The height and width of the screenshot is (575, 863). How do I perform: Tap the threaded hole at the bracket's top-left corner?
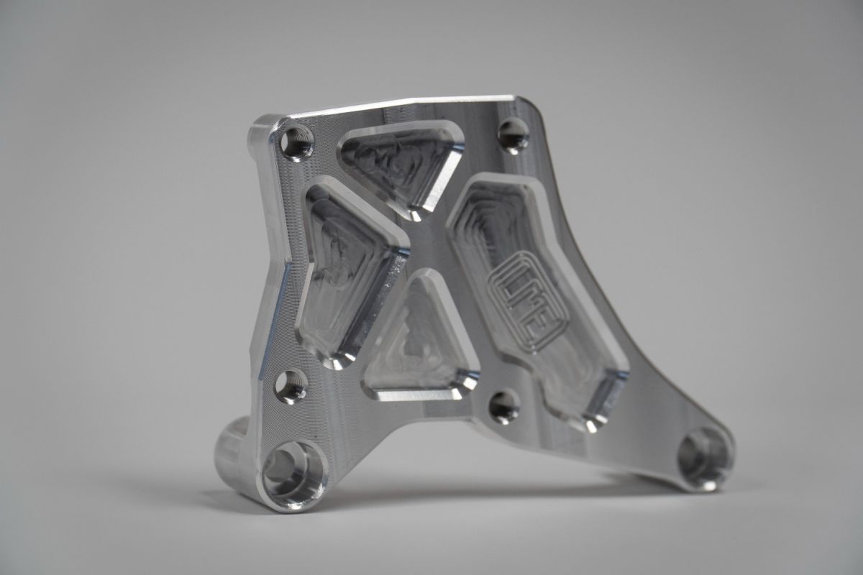coord(296,142)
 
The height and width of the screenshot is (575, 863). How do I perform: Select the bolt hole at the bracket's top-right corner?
coord(513,135)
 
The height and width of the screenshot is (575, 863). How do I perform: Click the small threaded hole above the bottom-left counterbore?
coord(291,386)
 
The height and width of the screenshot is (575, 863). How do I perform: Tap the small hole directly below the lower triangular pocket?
coord(504,407)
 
